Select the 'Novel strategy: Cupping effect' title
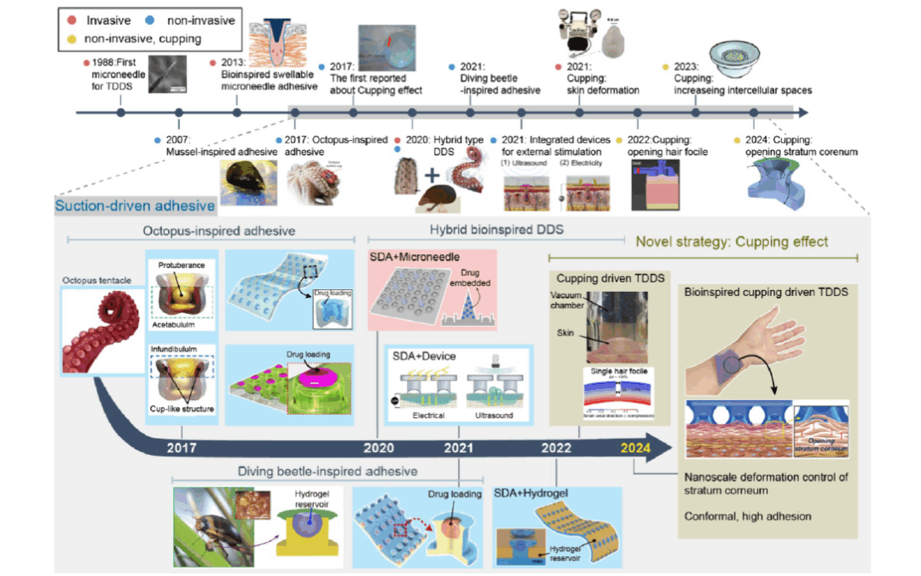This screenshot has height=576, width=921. pos(731,241)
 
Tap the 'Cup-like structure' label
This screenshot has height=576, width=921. pos(182,410)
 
